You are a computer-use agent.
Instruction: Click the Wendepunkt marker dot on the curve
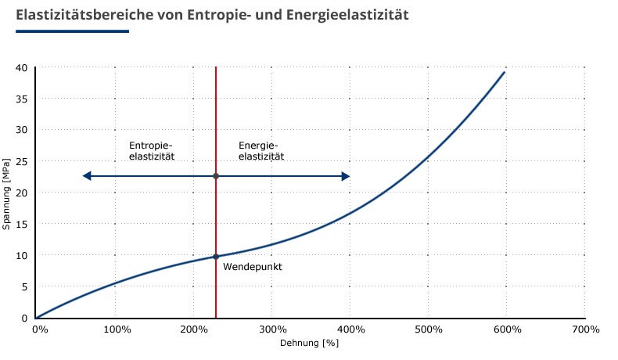(x=216, y=257)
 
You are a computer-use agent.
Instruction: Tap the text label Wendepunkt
(x=252, y=267)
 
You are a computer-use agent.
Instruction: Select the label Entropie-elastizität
(x=151, y=151)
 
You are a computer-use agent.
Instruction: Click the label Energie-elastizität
(x=260, y=151)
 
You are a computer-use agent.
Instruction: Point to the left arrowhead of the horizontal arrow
(x=87, y=176)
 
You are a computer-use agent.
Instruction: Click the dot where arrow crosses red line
(x=216, y=176)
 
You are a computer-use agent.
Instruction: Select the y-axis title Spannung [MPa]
(x=7, y=193)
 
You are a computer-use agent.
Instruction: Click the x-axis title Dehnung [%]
(x=309, y=343)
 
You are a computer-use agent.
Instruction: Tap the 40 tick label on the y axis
(x=22, y=67)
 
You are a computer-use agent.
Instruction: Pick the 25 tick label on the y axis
(x=22, y=161)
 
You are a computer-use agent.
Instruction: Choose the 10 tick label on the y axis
(x=22, y=255)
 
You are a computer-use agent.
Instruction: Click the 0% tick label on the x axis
(x=41, y=329)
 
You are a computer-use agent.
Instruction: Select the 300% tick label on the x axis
(x=271, y=329)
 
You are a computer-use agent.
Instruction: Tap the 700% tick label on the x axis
(x=584, y=329)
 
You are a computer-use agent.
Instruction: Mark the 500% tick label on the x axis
(x=428, y=329)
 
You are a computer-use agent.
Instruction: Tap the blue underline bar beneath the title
(x=72, y=31)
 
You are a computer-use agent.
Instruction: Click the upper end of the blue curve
(x=504, y=72)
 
